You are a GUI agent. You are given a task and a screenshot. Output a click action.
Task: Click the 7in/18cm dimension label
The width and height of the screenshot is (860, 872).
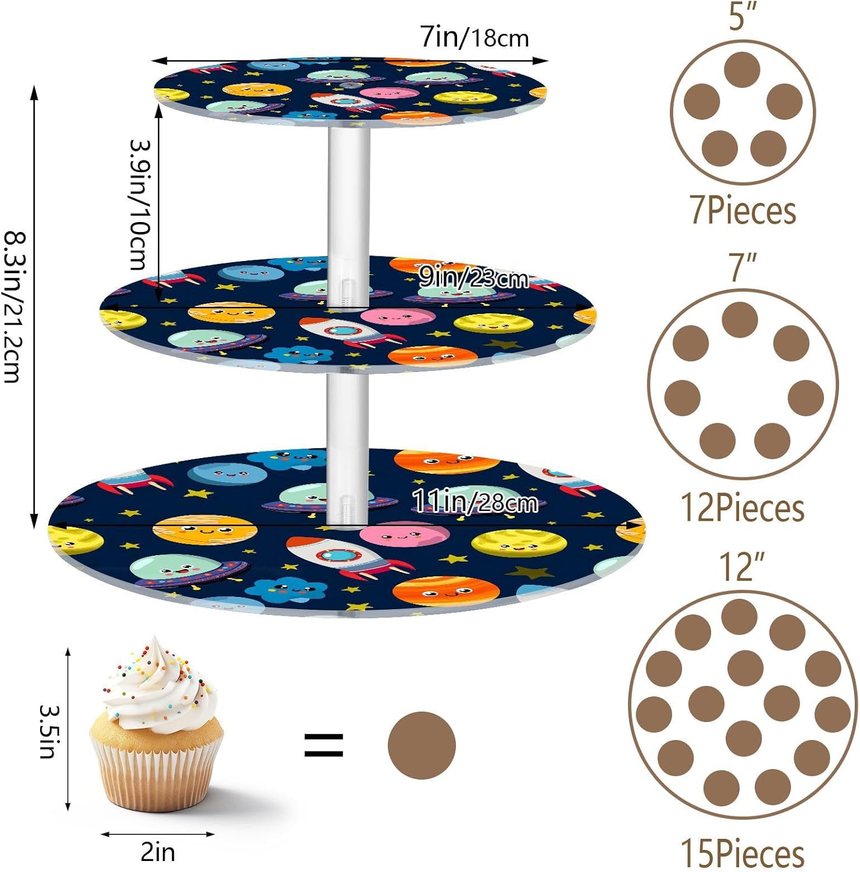(x=474, y=38)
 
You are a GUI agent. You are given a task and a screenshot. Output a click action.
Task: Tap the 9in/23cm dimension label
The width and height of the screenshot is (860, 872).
(x=473, y=278)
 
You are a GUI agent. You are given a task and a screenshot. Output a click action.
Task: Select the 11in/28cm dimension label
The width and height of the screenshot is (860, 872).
(x=474, y=501)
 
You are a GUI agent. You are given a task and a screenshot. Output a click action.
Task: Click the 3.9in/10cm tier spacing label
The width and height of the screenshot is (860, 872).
(x=140, y=205)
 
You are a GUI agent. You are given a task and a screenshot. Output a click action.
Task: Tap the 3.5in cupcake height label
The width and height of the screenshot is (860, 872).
(x=49, y=731)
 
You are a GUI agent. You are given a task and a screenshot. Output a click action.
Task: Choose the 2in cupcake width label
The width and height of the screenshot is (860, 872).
(x=158, y=852)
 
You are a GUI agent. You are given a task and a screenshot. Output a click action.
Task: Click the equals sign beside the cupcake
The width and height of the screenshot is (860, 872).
(x=324, y=745)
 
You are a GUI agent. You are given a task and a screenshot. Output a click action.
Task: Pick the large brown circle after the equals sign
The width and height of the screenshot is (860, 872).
(x=422, y=745)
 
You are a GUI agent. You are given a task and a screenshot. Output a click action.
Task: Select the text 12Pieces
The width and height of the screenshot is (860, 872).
(x=743, y=508)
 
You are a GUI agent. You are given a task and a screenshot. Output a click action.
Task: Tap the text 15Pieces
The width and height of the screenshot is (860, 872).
(x=743, y=853)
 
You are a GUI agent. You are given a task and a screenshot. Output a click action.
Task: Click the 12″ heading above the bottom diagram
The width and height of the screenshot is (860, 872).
(x=742, y=566)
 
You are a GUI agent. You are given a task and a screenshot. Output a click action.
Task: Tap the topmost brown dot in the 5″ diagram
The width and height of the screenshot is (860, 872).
(x=742, y=70)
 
